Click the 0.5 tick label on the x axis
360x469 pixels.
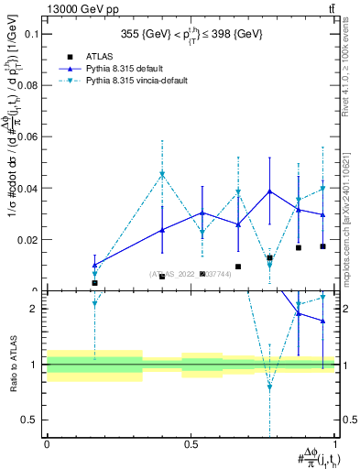click(x=191, y=444)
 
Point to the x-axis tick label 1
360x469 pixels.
click(x=336, y=444)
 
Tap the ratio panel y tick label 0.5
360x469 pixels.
click(x=30, y=420)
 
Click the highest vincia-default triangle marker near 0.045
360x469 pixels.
click(x=162, y=173)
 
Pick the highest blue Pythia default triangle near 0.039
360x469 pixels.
click(x=269, y=191)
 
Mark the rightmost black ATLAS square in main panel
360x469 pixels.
click(x=322, y=246)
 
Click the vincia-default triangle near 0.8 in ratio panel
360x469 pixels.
click(x=269, y=387)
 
